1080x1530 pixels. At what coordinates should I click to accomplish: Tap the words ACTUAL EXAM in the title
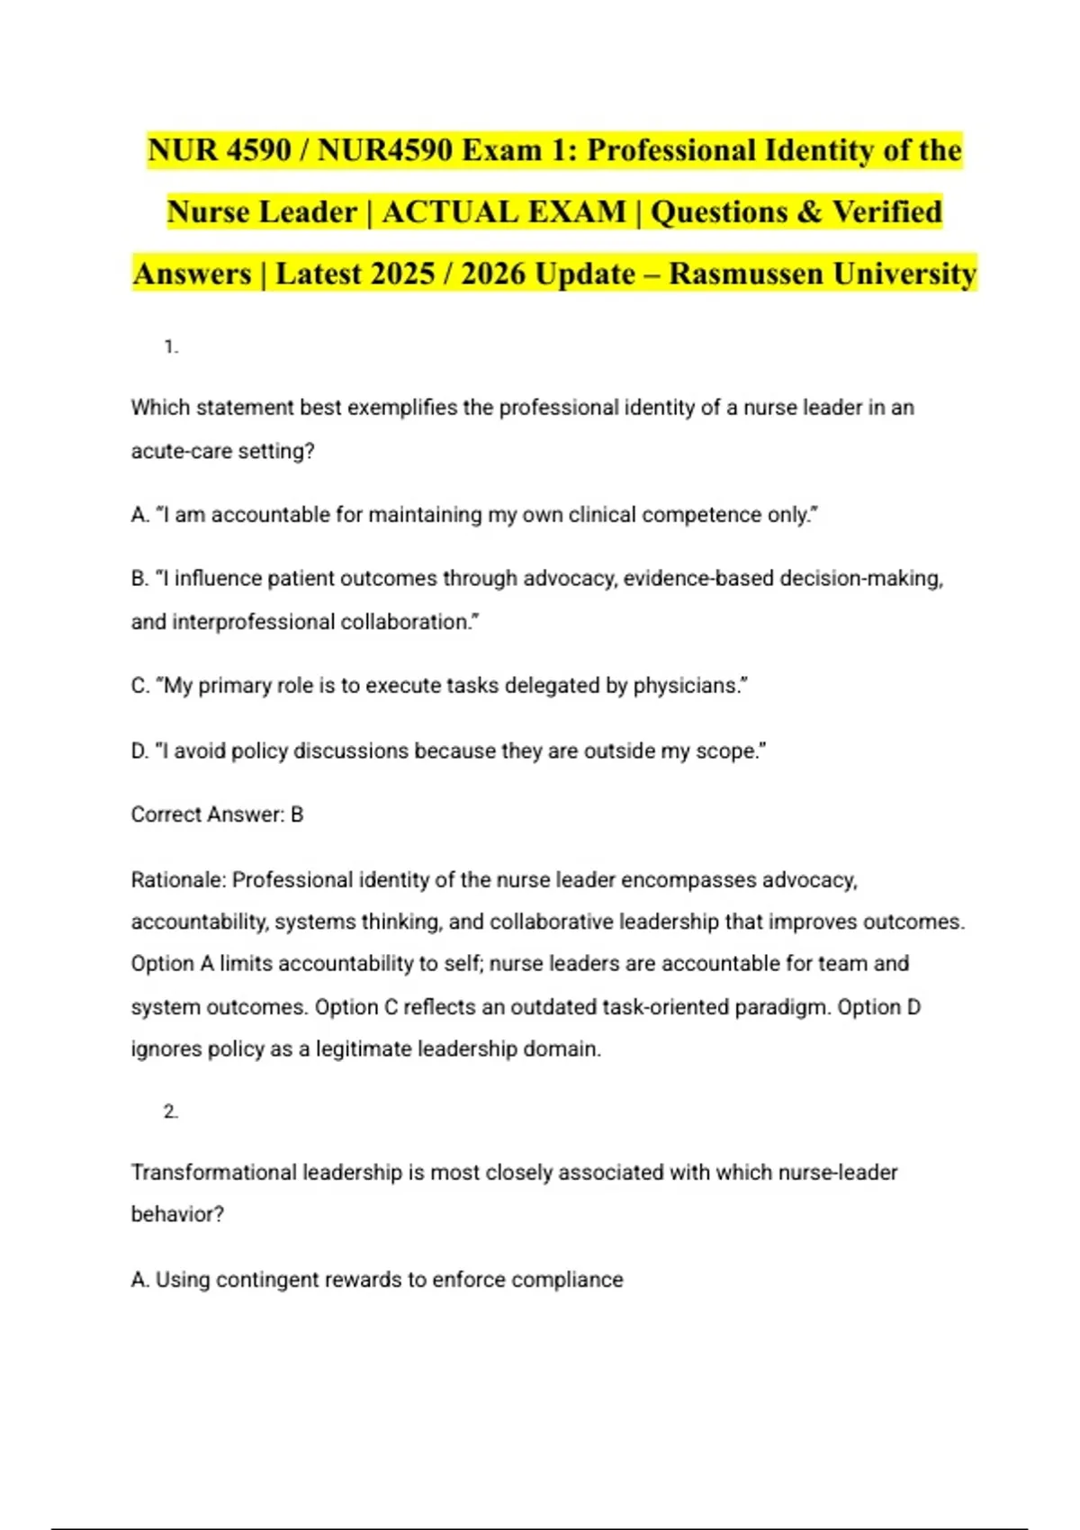tap(504, 212)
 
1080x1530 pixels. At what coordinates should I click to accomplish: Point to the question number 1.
tap(170, 347)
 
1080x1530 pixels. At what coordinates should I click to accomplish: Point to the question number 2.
tap(170, 1112)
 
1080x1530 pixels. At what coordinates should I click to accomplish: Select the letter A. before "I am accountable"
tap(139, 515)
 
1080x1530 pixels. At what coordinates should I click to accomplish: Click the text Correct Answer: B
tap(217, 814)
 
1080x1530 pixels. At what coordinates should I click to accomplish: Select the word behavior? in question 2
tap(177, 1215)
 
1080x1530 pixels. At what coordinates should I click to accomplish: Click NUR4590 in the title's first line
tap(384, 150)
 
